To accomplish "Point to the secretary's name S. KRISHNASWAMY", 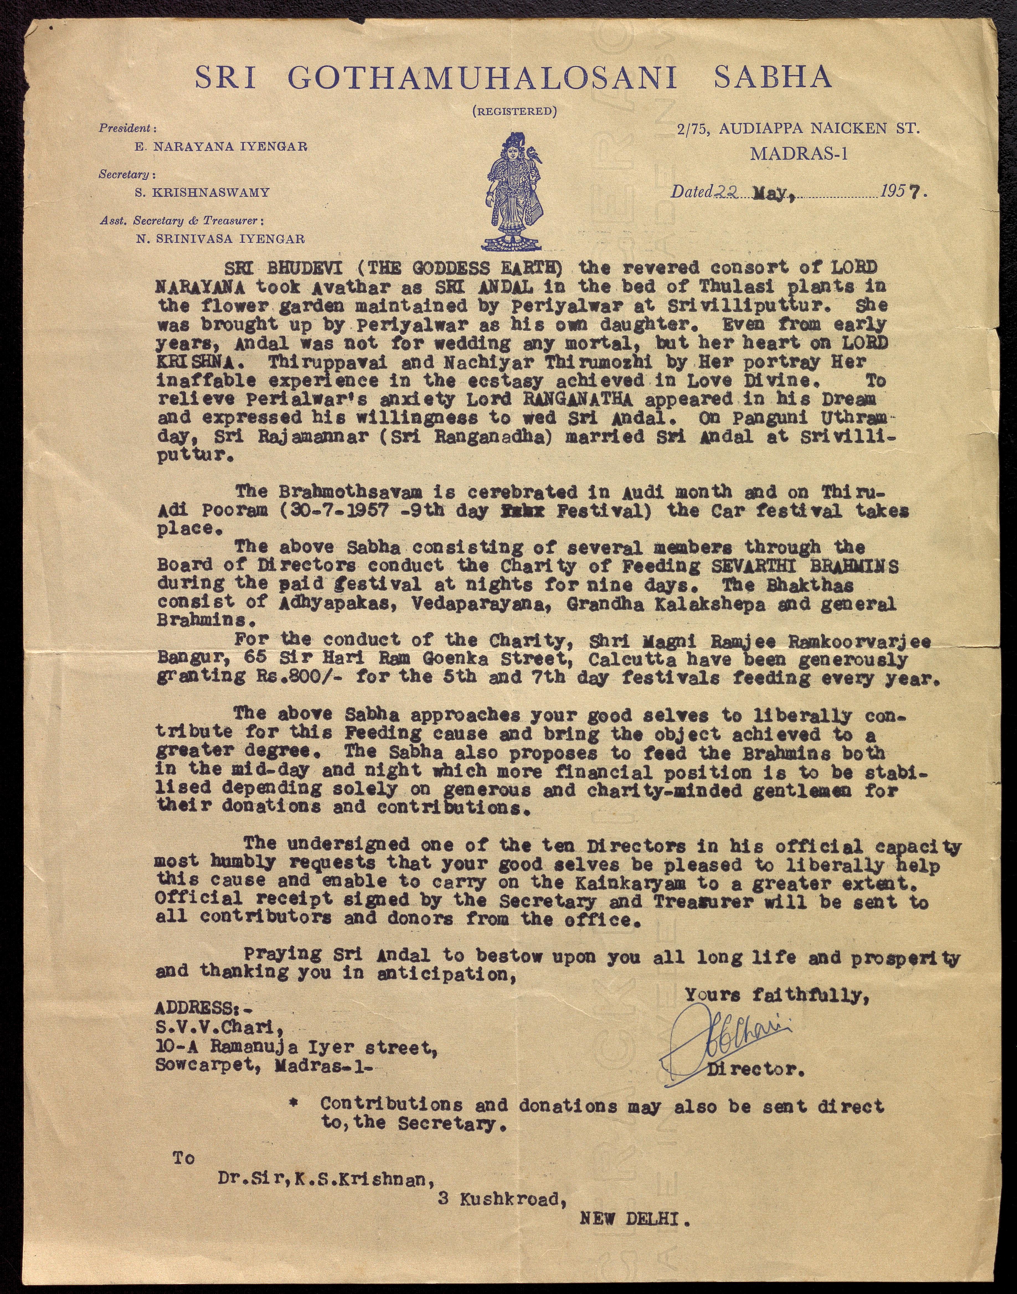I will (202, 192).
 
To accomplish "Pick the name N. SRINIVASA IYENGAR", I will (220, 239).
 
